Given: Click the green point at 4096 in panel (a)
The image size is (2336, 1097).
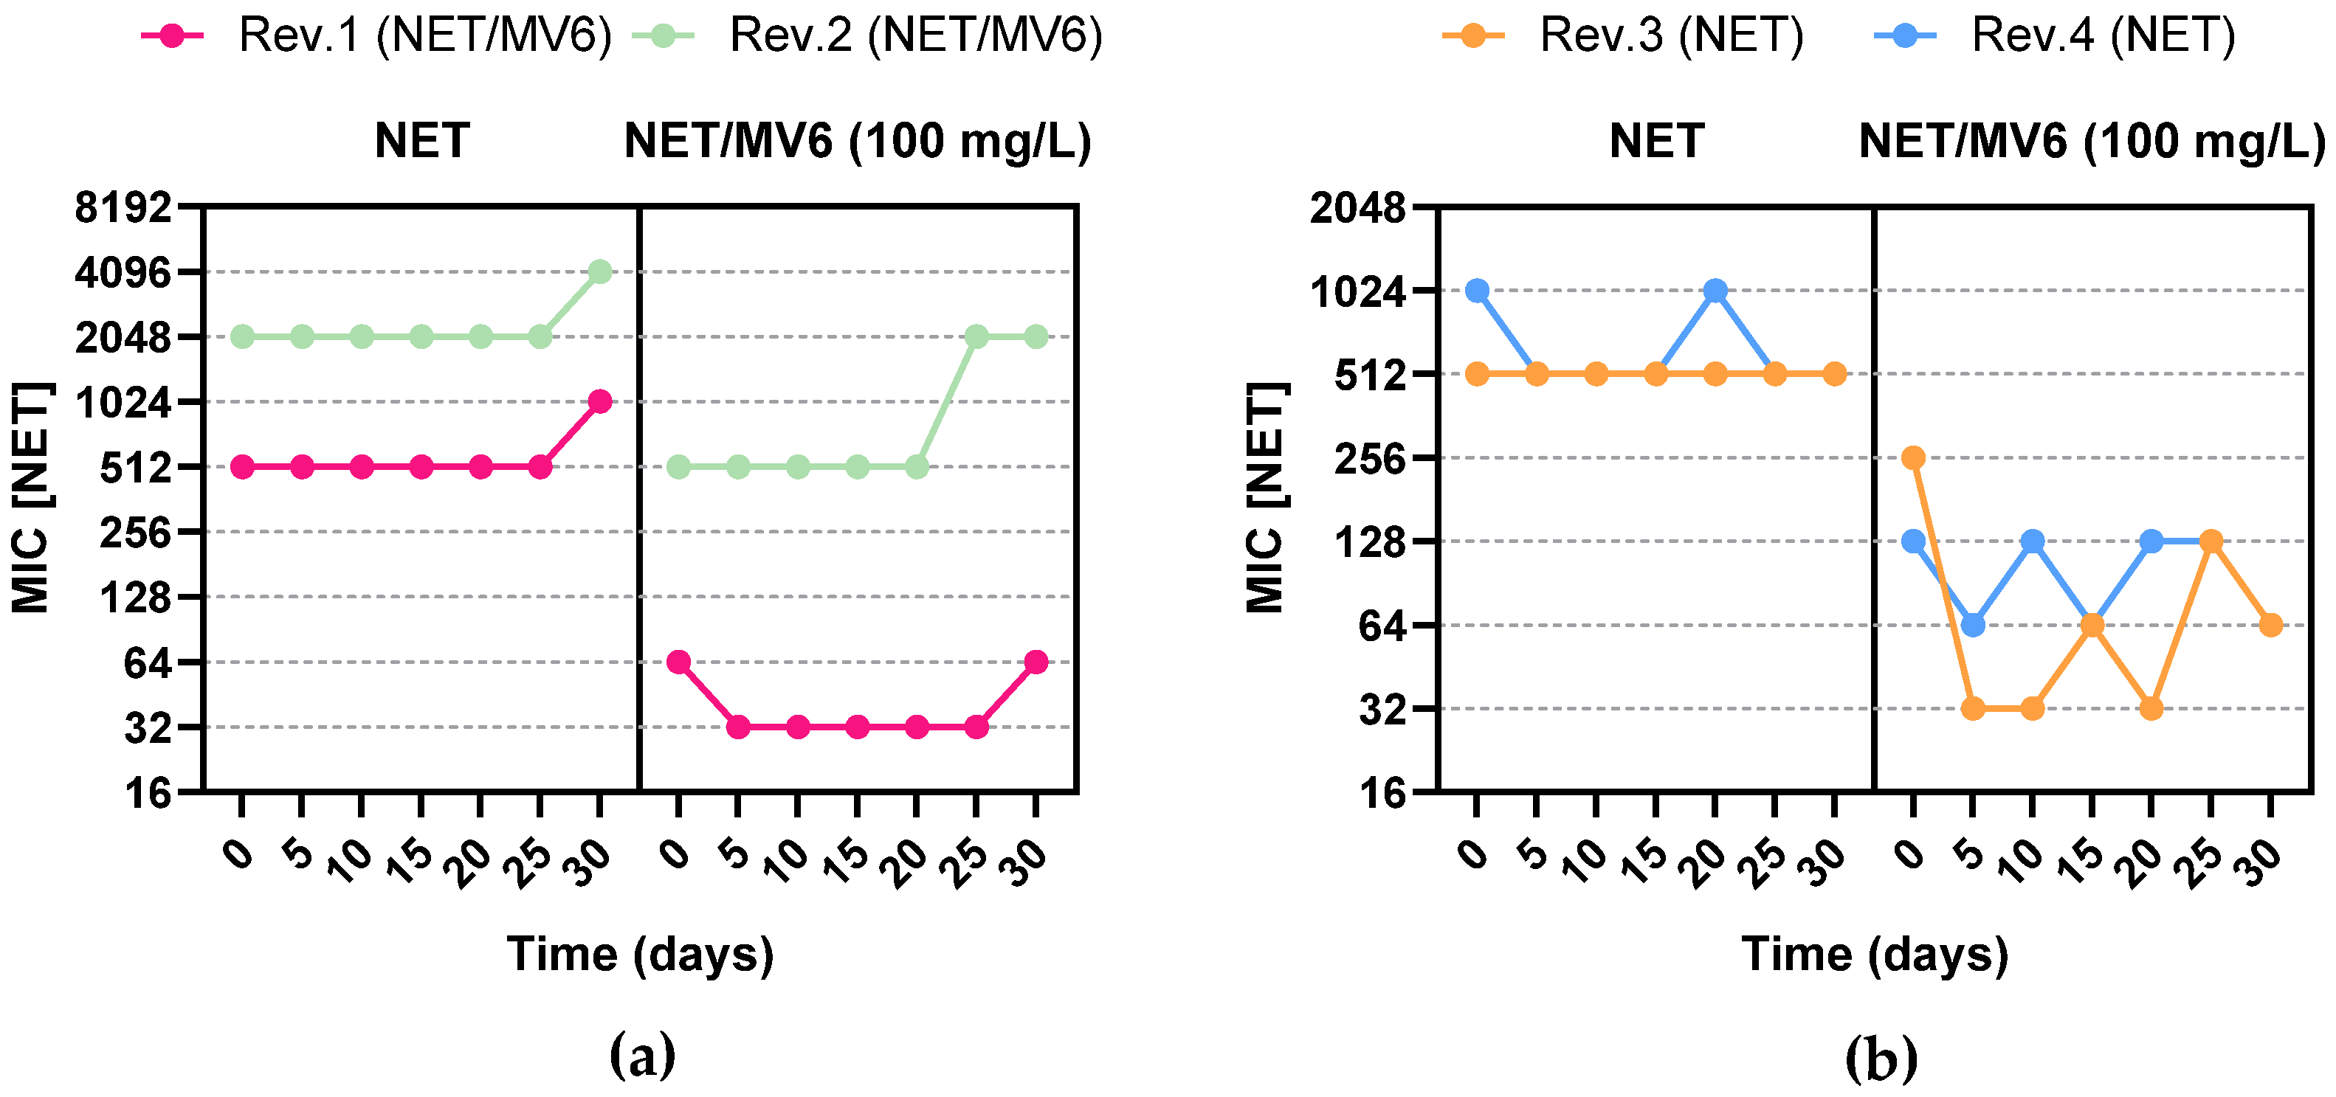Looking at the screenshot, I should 599,271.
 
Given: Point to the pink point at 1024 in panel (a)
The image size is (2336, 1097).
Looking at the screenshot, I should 599,401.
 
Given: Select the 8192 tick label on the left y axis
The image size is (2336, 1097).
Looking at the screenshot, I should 123,207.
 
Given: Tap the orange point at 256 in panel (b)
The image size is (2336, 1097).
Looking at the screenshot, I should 1913,457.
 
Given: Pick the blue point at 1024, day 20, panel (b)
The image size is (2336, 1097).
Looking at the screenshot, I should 1715,290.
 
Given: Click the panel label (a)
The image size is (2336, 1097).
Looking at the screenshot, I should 642,1055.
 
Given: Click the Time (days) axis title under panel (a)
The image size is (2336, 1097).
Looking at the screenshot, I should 640,955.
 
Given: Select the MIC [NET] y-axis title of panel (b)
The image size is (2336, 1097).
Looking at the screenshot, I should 1266,498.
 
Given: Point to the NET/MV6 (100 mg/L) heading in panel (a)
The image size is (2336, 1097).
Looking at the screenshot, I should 857,142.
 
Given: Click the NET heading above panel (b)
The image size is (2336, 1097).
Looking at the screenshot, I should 1656,142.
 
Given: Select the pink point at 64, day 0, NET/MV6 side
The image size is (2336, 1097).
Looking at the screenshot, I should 678,662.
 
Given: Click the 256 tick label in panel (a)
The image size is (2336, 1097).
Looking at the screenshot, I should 135,532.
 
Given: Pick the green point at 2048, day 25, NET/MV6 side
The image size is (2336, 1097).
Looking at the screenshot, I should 976,336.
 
